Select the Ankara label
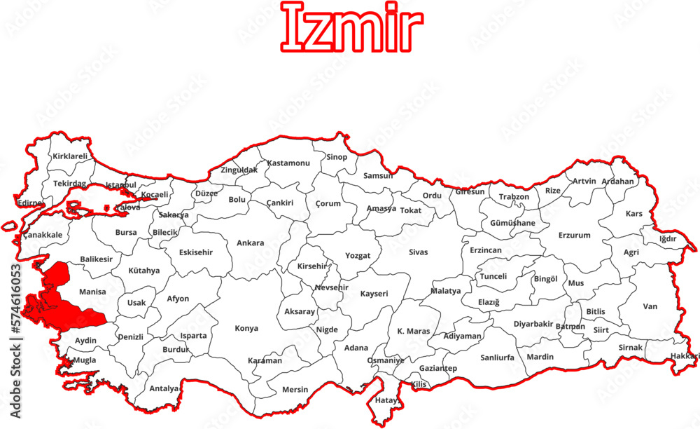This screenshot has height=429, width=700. [x=250, y=243]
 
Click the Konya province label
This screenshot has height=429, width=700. [x=246, y=328]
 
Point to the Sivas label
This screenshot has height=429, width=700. [x=418, y=252]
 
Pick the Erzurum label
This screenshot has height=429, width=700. [x=574, y=236]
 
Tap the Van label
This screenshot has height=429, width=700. [x=650, y=306]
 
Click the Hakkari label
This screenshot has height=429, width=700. [x=685, y=356]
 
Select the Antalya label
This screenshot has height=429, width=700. [x=164, y=388]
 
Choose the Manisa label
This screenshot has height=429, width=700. [x=92, y=292]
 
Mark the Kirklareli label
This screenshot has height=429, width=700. [x=70, y=156]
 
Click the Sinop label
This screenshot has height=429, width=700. [x=336, y=157]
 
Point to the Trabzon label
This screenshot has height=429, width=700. [x=514, y=197]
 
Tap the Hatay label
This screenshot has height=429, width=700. [x=386, y=401]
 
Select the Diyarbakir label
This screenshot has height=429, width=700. [x=533, y=324]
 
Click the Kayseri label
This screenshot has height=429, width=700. [x=374, y=294]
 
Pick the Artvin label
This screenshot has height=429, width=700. [x=584, y=181]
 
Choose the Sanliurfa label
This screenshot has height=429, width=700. [x=497, y=357]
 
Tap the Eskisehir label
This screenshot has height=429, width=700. [x=196, y=252]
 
